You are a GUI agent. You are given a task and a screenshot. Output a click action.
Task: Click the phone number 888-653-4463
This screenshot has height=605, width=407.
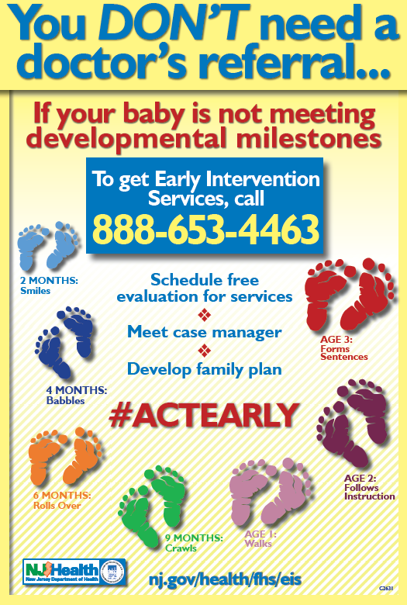point(205,228)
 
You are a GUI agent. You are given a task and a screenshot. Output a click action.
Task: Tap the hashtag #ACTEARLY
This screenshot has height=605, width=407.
point(204,416)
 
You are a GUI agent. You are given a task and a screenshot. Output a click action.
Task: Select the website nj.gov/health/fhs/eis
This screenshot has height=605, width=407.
point(225,579)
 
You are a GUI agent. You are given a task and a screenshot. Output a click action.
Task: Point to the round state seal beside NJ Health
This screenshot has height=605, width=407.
point(112,572)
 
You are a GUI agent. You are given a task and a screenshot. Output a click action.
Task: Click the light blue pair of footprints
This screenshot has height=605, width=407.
point(48,245)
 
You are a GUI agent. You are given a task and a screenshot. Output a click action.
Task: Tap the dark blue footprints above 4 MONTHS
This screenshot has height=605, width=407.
point(64,342)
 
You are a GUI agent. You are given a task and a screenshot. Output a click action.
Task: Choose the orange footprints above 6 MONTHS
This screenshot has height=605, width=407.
point(65,455)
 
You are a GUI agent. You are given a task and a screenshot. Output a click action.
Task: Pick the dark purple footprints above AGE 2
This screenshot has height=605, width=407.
point(352,423)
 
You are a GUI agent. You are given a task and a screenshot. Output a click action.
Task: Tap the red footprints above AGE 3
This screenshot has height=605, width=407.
point(350,293)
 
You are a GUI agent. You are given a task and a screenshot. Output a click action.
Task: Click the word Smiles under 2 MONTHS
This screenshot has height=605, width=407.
point(35,291)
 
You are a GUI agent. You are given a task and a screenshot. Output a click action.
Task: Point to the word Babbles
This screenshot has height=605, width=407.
point(65,400)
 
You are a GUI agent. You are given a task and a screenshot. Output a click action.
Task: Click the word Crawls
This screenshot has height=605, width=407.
point(181,548)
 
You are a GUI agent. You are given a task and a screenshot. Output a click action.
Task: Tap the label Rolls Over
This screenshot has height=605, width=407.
point(57,505)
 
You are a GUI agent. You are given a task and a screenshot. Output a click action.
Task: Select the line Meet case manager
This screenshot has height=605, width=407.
point(205,332)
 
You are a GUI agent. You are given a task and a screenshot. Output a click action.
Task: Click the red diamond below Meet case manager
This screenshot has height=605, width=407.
point(204,351)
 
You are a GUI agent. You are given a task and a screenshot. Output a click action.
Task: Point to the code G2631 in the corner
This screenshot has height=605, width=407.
point(386,589)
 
